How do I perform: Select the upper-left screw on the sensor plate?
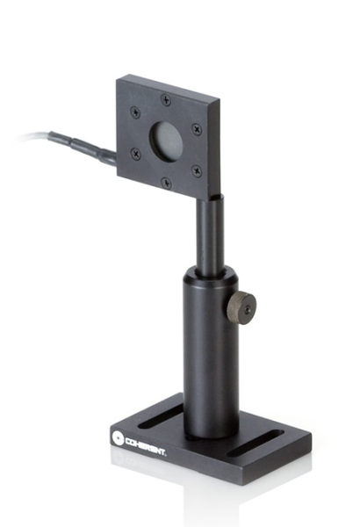pos(134,112)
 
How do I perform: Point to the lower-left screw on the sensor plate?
pos(135,155)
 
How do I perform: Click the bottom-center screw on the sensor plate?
pos(167,183)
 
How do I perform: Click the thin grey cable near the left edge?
pos(26,136)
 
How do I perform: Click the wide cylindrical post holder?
pos(208,351)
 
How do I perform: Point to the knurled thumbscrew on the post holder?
pos(241,309)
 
